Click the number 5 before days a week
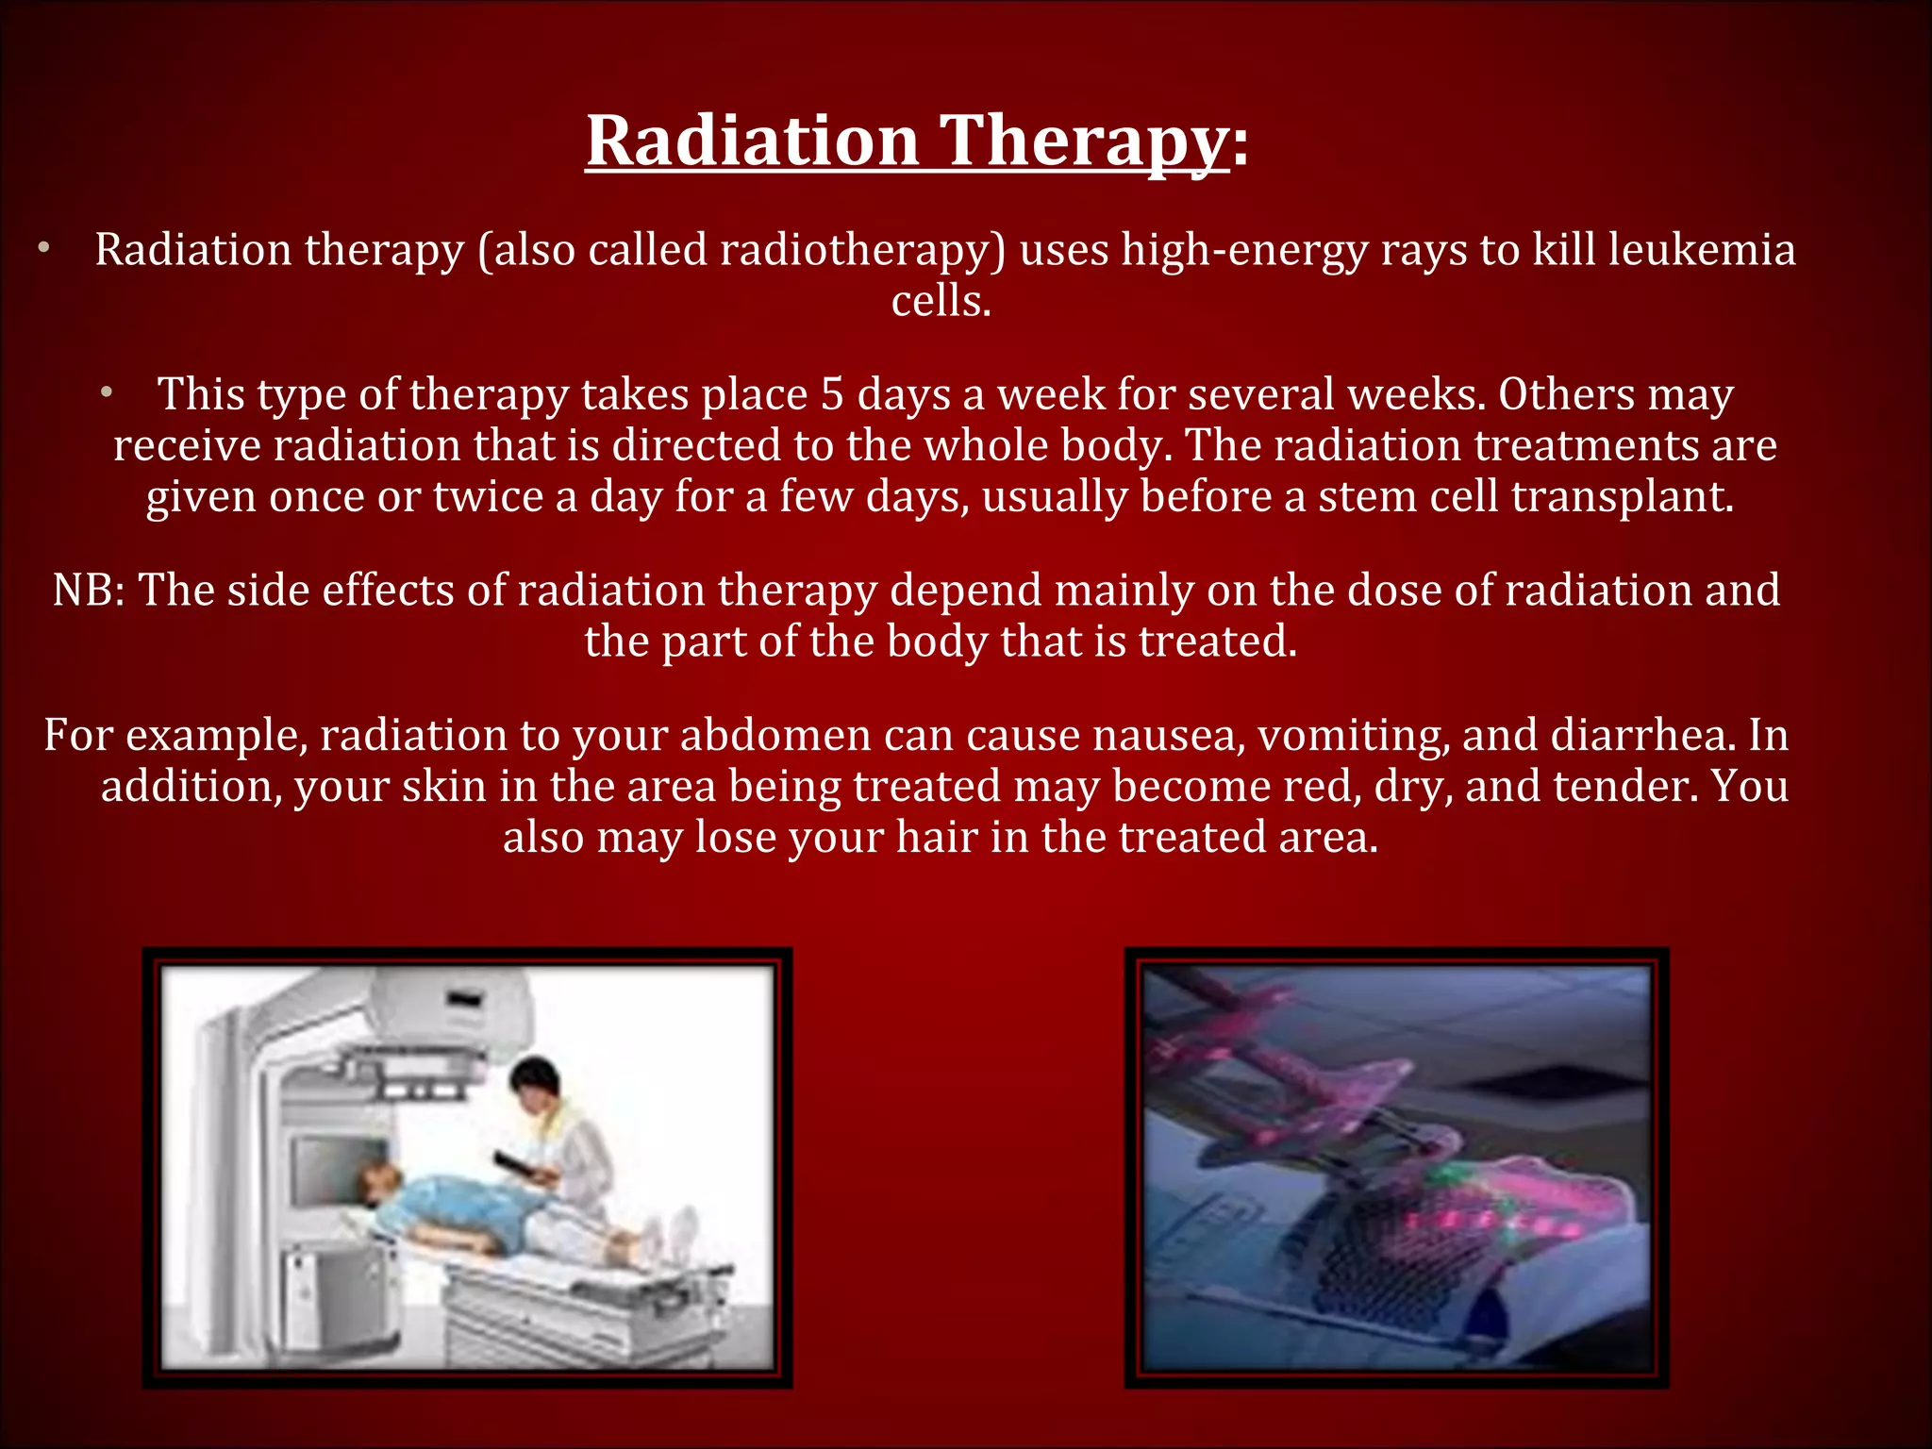[831, 394]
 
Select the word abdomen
[775, 736]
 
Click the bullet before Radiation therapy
[42, 250]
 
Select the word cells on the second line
[941, 301]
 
